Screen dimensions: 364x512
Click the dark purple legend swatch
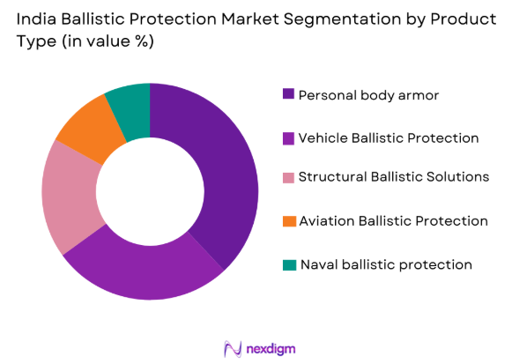pyautogui.click(x=287, y=94)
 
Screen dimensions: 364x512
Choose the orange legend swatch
pyautogui.click(x=287, y=221)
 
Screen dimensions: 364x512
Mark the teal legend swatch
pyautogui.click(x=287, y=264)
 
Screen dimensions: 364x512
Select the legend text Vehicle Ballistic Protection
pyautogui.click(x=389, y=137)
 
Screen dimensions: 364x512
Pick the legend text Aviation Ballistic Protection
pyautogui.click(x=393, y=221)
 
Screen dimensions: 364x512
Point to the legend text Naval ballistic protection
pyautogui.click(x=386, y=264)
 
